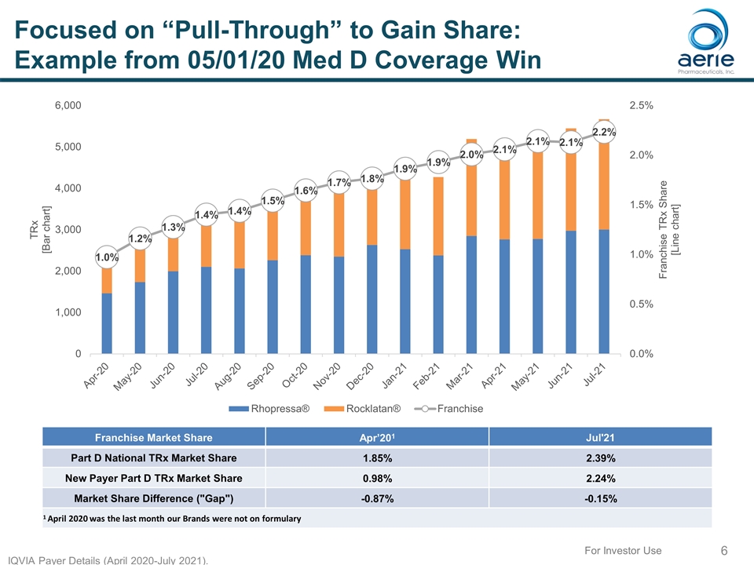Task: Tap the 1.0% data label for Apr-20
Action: (x=107, y=257)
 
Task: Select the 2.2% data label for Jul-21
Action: (x=603, y=133)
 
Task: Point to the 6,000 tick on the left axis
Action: (x=66, y=105)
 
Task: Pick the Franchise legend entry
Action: (x=452, y=409)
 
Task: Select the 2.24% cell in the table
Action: (x=600, y=478)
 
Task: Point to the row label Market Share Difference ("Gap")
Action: (x=153, y=498)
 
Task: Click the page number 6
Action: (x=724, y=552)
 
